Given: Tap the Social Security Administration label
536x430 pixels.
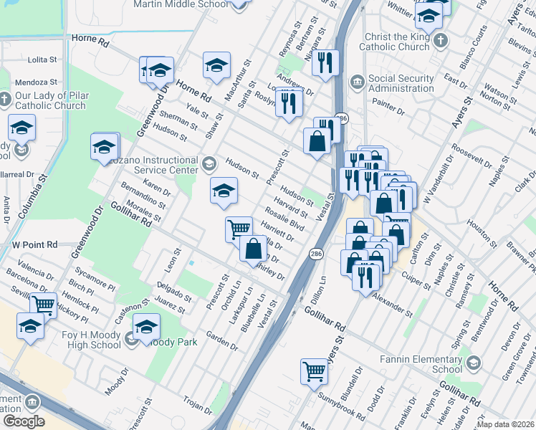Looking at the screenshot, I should (401, 84).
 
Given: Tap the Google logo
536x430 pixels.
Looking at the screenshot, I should (23, 421).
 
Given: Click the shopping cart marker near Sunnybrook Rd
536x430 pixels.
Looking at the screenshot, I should (314, 372).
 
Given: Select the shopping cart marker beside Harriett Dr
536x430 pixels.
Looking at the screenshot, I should (239, 230).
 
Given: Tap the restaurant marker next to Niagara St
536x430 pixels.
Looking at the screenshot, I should (326, 63).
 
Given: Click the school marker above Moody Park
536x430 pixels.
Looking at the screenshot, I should (147, 328).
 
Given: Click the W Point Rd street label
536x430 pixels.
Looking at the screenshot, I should (34, 244).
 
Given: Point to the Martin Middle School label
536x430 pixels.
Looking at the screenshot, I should (180, 4).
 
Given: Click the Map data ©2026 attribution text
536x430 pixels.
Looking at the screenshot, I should (505, 424).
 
